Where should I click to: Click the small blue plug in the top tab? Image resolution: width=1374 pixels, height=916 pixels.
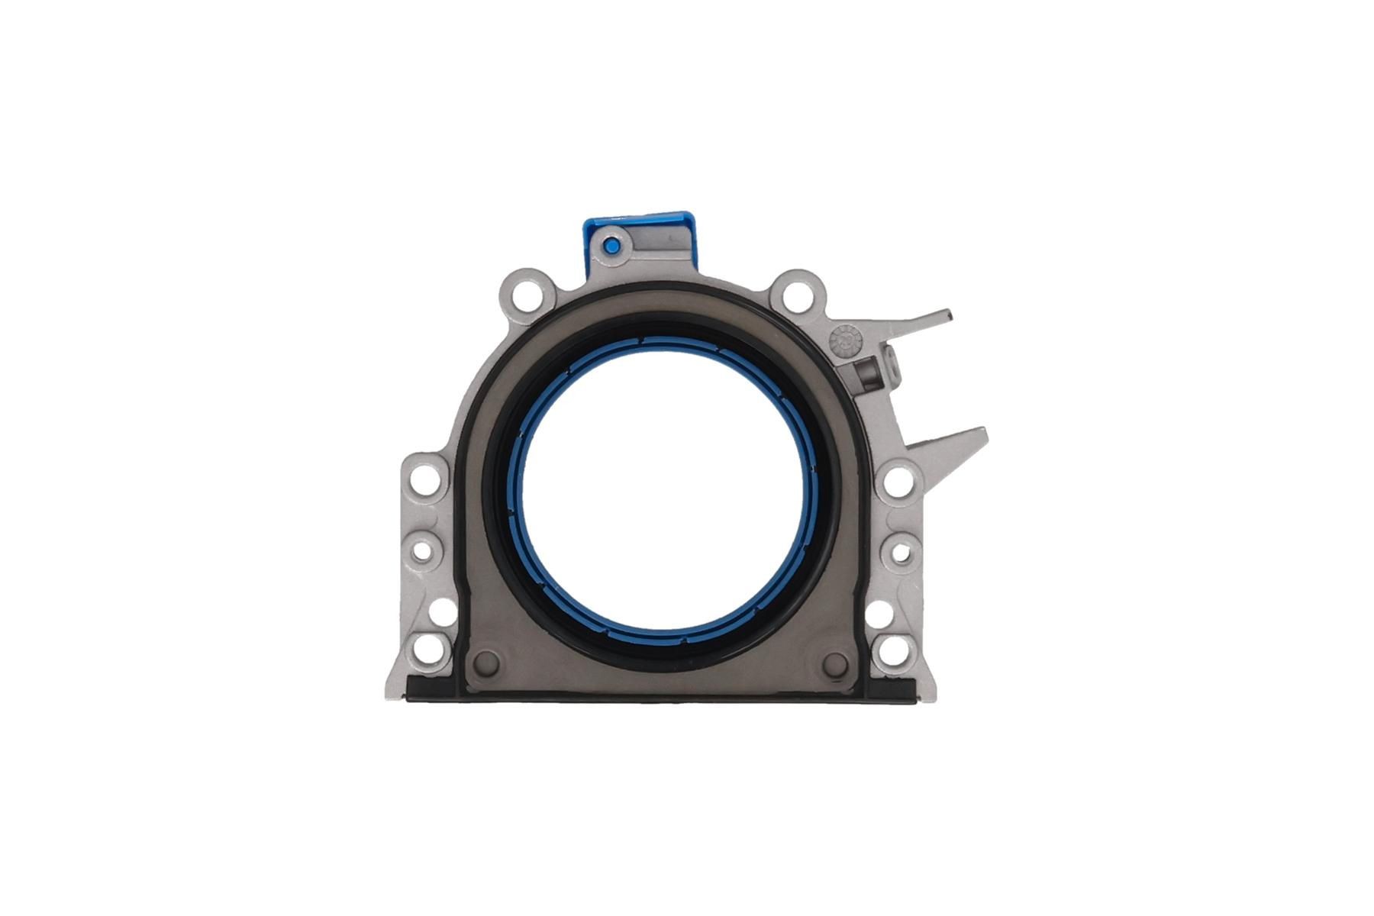611,245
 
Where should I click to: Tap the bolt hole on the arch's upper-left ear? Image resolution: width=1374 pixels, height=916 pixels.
525,294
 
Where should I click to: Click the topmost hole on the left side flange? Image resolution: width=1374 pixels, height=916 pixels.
425,480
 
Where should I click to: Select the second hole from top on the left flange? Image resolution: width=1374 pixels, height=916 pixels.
426,548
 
